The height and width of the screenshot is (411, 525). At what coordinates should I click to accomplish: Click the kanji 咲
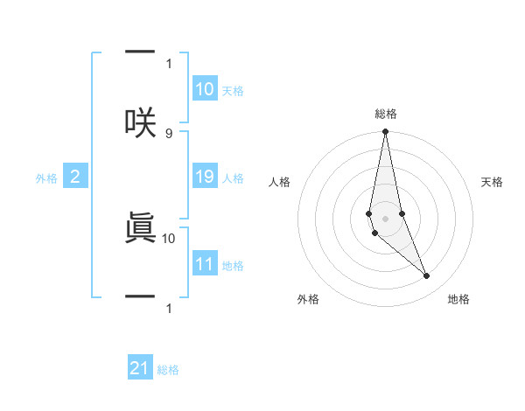coord(140,123)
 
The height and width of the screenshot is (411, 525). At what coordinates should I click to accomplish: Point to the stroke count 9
coord(169,133)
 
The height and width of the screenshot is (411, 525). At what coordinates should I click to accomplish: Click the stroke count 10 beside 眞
coord(169,237)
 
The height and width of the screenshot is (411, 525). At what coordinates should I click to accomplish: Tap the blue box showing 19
coord(205,178)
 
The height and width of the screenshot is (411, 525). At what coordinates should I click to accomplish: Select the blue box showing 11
coord(205,264)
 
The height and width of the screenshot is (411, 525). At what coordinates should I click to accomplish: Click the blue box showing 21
coord(140,368)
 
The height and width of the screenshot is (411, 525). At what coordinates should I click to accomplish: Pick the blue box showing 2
coord(74,178)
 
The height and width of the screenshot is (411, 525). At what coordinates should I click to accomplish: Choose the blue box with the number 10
coord(205,89)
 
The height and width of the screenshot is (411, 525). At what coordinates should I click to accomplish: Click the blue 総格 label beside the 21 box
coord(168,370)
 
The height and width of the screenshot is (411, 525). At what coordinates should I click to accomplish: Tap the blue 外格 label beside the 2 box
coord(46,178)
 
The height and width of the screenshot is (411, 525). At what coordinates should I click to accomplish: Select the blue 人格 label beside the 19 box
coord(233,178)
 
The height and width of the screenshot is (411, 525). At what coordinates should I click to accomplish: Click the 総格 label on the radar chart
coord(385,114)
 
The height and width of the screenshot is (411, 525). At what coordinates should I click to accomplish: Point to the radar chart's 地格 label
coord(458,300)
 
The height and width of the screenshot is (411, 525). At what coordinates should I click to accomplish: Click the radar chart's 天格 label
coord(493,182)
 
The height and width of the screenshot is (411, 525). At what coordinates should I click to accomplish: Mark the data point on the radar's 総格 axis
coord(385,132)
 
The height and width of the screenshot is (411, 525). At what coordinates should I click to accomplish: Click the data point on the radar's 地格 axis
coord(427,276)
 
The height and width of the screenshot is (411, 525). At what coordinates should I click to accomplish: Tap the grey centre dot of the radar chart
coord(385,218)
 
